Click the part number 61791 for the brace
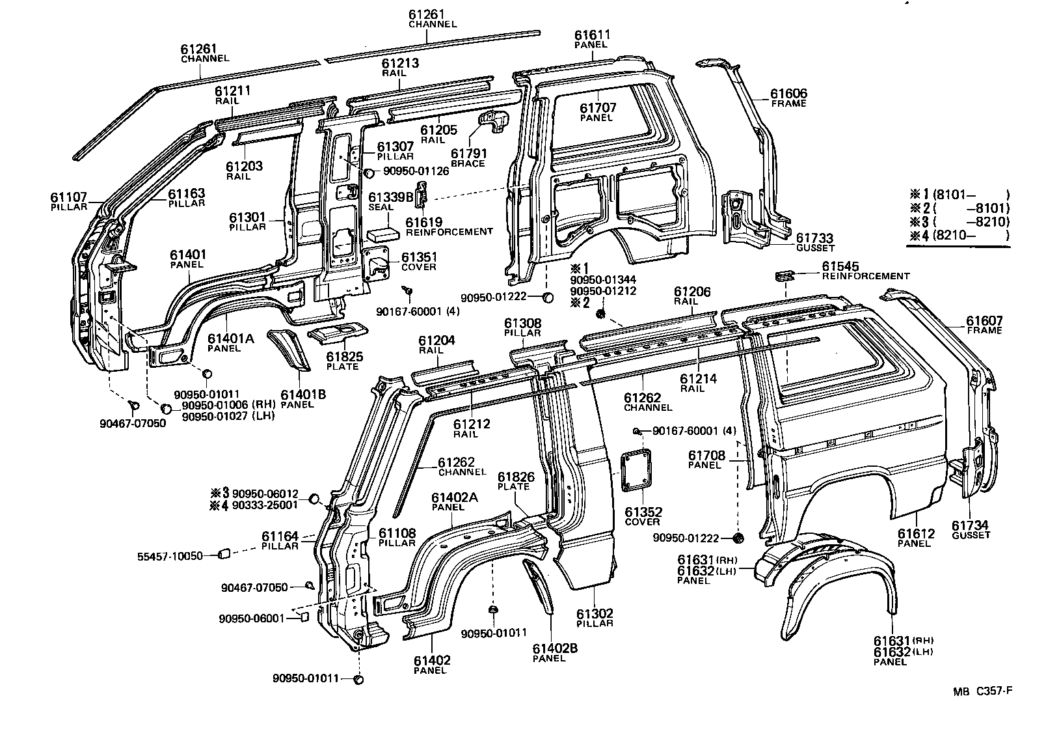[468, 153]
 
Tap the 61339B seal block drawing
[384, 233]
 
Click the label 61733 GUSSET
[814, 243]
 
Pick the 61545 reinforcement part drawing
[784, 276]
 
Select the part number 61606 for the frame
[788, 94]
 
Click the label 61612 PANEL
[916, 538]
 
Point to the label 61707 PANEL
[598, 112]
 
